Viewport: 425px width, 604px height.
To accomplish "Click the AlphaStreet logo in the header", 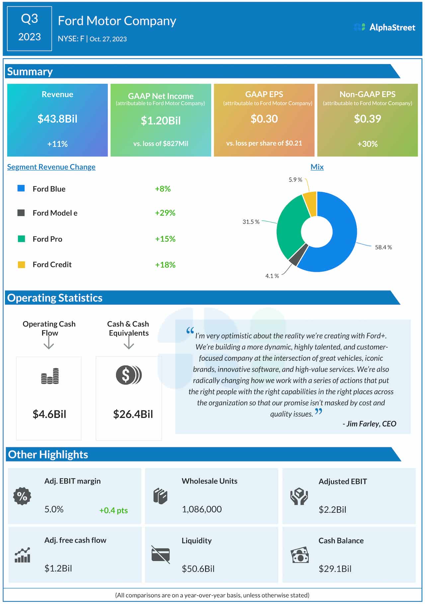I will pos(385,27).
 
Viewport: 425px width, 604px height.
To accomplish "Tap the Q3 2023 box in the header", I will pos(29,28).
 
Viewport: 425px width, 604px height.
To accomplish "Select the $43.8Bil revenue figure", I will pos(57,119).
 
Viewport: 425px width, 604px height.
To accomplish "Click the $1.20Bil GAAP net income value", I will pos(161,121).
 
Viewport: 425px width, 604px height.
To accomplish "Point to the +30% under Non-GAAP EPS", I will pos(367,144).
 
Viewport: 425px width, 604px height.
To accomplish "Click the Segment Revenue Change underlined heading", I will pos(51,167).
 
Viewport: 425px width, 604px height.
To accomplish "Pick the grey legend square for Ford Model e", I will pos(21,213).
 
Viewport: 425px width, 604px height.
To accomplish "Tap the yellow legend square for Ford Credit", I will pos(21,265).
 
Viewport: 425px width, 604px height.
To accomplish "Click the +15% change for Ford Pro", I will pos(165,239).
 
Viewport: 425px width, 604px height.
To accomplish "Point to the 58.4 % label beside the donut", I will pos(383,247).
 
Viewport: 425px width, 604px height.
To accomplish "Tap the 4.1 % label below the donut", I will pos(272,276).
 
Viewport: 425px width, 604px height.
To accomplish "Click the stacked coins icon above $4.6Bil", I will pos(50,376).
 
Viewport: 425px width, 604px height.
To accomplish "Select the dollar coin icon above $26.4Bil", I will pos(128,375).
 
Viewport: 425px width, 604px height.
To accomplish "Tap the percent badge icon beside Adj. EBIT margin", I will pos(22,496).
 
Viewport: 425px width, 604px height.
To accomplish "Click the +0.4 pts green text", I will pos(113,510).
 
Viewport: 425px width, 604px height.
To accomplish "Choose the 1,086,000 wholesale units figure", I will pos(202,509).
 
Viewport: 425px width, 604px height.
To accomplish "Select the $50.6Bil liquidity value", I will pos(198,569).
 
